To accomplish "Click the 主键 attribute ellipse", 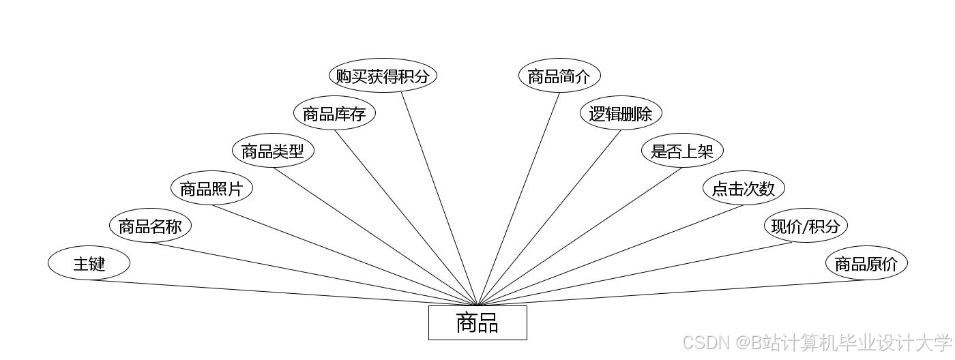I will (x=89, y=263).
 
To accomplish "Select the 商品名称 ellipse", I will (x=150, y=226).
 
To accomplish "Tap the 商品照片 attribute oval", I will (x=211, y=188).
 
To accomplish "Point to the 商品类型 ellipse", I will (x=273, y=151).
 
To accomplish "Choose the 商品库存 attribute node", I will (x=334, y=113).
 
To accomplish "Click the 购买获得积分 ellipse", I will (x=383, y=76).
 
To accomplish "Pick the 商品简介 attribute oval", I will (x=559, y=76).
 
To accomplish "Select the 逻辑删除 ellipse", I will (x=621, y=113).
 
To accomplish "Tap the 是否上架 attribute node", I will (x=682, y=151).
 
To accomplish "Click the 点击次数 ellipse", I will (x=744, y=188).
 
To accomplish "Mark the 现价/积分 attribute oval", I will (x=805, y=226).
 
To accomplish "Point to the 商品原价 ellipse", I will (x=866, y=263).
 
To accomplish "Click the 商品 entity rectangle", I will (x=477, y=322).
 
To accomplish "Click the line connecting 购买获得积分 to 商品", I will (x=439, y=198).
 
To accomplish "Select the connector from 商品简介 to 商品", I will (x=519, y=198).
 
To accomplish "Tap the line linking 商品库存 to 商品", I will (x=406, y=217).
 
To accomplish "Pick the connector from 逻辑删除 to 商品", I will (x=550, y=217).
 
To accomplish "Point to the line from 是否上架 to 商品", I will (x=580, y=236).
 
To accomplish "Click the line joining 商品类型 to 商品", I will (x=375, y=236).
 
